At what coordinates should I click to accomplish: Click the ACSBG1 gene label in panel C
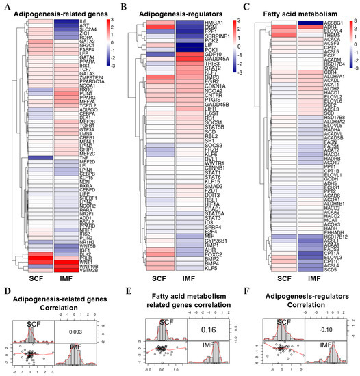pos(329,22)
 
